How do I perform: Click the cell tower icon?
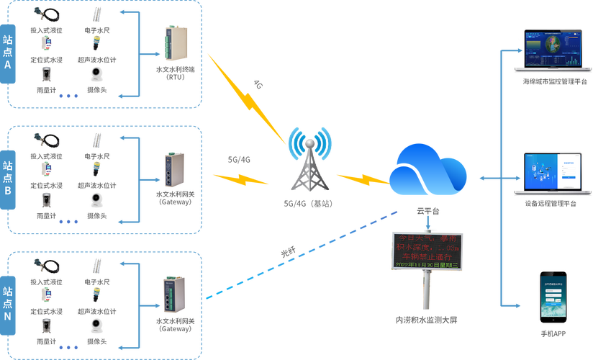[310, 164]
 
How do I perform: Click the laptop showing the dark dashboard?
[553, 50]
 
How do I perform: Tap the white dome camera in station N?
[96, 325]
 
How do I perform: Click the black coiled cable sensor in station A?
[45, 14]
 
